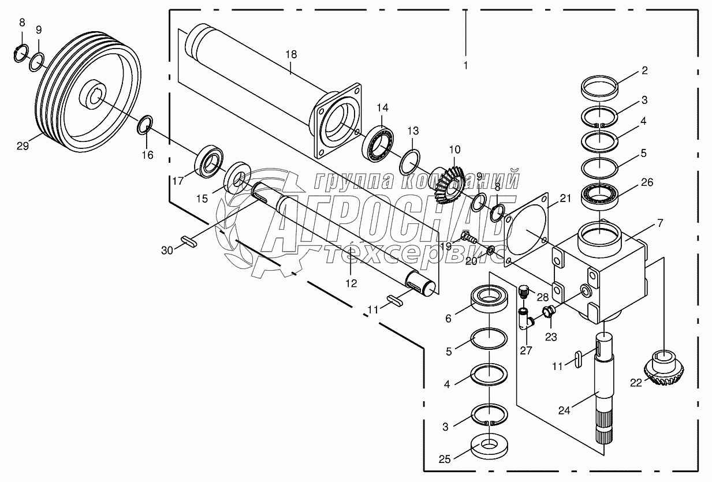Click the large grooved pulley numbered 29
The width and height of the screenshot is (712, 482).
pyautogui.click(x=90, y=95)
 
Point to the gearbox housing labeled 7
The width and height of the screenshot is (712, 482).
pyautogui.click(x=601, y=271)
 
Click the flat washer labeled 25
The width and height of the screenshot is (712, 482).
pyautogui.click(x=489, y=446)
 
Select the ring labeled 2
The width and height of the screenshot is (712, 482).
pyautogui.click(x=599, y=90)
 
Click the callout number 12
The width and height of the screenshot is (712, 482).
pyautogui.click(x=351, y=283)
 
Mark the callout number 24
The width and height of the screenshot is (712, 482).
pyautogui.click(x=565, y=411)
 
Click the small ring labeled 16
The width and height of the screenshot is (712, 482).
pyautogui.click(x=146, y=124)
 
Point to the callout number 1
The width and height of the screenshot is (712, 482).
pyautogui.click(x=465, y=65)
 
